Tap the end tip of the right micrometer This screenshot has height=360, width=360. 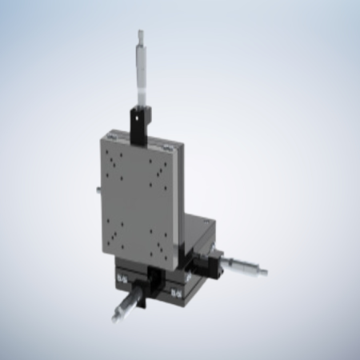click(x=265, y=272)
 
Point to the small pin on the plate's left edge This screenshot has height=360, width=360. click(x=97, y=190)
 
